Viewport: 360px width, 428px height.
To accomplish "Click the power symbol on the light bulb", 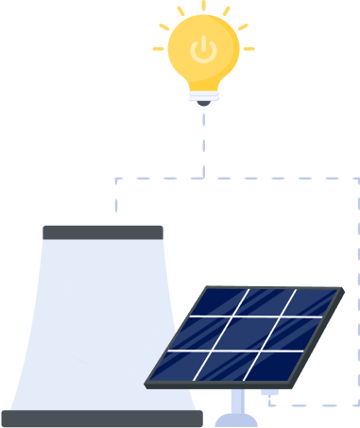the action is (202, 49).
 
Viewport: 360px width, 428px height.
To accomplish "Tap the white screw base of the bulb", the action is (202, 94).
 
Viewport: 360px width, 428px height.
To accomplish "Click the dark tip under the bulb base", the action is (202, 103).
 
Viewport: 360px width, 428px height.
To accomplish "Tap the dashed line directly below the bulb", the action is (202, 142).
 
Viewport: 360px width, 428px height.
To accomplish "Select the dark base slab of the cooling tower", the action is (102, 419).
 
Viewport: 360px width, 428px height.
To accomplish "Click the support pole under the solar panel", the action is (233, 402).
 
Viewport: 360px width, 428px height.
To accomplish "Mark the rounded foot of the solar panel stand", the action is (233, 420).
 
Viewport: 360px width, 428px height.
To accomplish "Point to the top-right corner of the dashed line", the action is (357, 178).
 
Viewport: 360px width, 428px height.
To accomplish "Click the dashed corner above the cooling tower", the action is (116, 179).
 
